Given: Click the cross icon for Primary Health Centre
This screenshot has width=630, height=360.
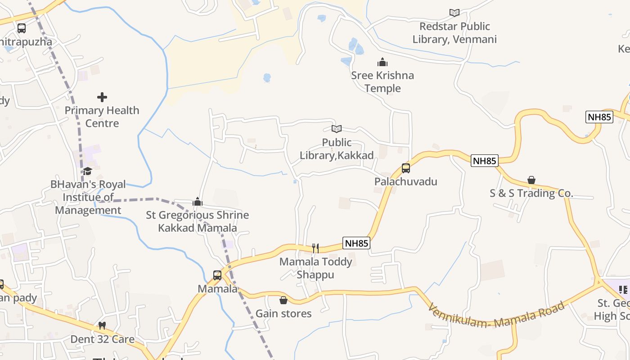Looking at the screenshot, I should click(102, 97).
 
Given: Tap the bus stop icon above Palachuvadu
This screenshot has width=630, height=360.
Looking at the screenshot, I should click(406, 168).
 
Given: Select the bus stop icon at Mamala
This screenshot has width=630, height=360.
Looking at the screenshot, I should click(217, 275).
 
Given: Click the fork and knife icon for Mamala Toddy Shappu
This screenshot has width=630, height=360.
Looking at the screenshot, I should click(315, 248).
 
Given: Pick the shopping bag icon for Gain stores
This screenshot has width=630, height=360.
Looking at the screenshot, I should click(283, 300).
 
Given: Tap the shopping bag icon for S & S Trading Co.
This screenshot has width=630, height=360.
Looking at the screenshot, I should click(531, 180).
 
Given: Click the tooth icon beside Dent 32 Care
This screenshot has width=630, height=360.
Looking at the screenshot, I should click(102, 325).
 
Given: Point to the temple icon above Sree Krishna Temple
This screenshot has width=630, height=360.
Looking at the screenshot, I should click(382, 62).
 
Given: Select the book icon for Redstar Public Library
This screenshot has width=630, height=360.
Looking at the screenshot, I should click(454, 13).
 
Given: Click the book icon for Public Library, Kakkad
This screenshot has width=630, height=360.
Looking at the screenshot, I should click(337, 129).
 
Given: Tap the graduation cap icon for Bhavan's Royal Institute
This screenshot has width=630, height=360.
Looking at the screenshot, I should click(87, 171).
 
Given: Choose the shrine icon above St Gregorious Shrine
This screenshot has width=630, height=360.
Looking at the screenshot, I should click(197, 202).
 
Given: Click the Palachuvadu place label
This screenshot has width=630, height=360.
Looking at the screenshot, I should click(406, 182).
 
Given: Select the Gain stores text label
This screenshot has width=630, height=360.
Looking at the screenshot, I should click(283, 313).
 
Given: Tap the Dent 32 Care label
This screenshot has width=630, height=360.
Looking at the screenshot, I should click(102, 339).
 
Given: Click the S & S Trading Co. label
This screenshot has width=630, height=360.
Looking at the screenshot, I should click(531, 193).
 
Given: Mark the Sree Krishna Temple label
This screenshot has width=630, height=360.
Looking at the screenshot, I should click(382, 81).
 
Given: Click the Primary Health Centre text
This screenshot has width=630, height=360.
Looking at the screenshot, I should click(102, 117).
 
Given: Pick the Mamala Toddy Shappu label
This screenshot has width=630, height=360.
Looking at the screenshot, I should click(315, 268).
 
